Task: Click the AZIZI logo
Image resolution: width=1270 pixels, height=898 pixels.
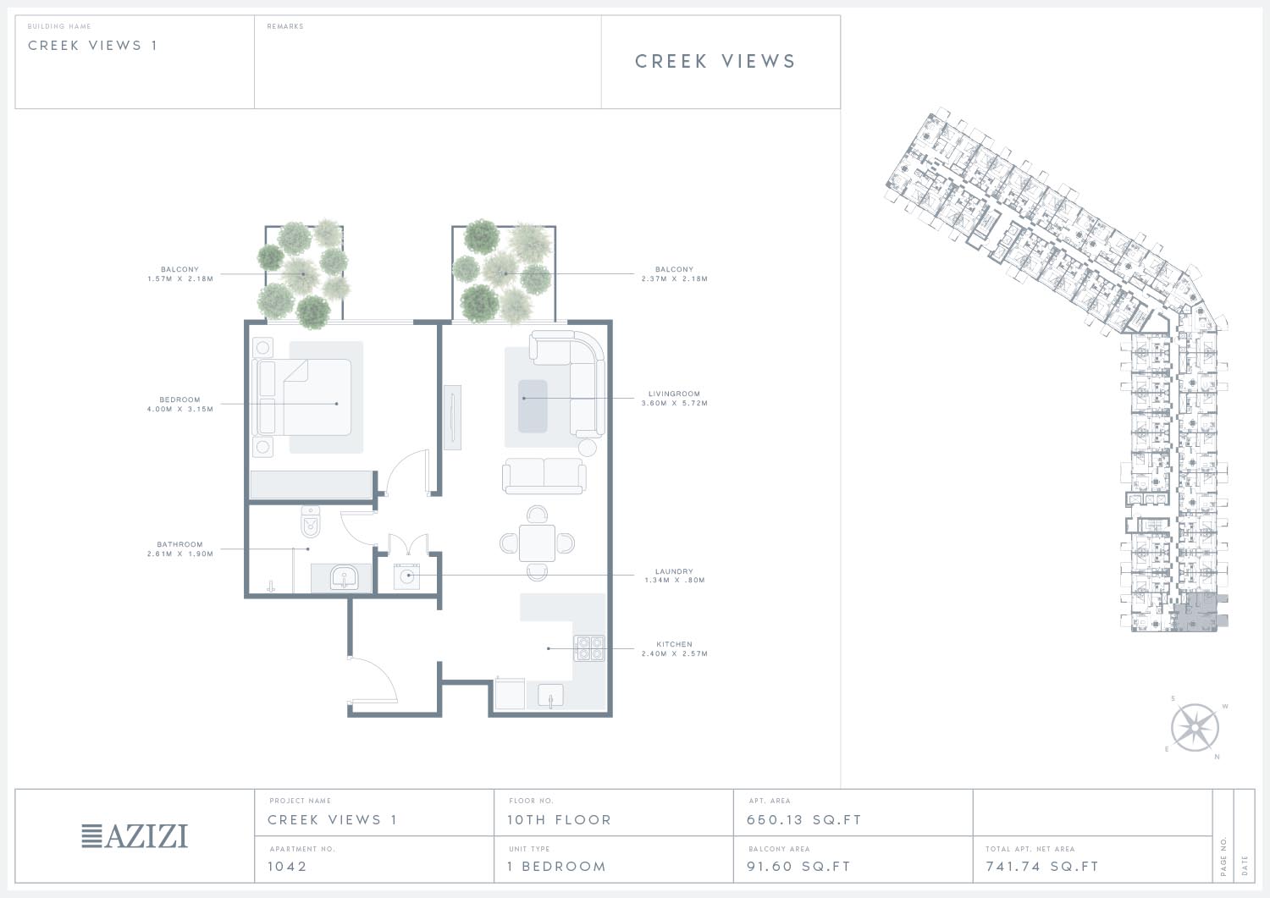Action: click(135, 836)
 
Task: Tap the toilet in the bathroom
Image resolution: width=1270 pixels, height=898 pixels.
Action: click(310, 521)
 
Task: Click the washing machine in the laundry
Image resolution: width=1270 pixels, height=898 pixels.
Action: click(406, 576)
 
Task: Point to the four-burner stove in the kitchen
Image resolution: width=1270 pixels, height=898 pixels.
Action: click(589, 648)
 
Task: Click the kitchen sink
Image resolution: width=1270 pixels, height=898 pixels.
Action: click(550, 696)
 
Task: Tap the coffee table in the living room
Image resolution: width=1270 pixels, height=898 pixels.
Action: click(533, 406)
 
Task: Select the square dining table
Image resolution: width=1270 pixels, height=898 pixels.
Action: click(537, 543)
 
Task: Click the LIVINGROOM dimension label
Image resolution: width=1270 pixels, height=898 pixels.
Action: click(674, 398)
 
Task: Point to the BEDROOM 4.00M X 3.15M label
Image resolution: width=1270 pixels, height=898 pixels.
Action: click(180, 405)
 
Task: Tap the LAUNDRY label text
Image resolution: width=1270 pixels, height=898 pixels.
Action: click(674, 571)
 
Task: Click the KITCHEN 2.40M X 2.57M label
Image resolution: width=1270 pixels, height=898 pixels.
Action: click(674, 648)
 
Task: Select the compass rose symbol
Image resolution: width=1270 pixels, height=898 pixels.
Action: click(1195, 728)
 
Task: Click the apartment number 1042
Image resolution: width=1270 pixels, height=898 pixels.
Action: click(287, 866)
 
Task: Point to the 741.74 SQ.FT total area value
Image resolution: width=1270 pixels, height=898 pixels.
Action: click(1042, 866)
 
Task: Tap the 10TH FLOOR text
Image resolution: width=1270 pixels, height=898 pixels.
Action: click(559, 820)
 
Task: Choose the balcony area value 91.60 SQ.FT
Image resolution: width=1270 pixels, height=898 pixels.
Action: click(798, 866)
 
